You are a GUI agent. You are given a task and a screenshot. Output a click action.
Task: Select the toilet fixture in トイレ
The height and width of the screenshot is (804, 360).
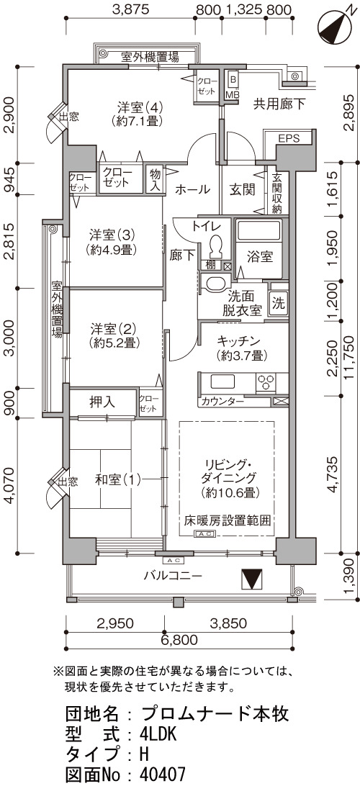click(x=217, y=246)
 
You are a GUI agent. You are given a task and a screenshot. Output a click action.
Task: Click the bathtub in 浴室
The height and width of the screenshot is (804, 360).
click(x=258, y=231)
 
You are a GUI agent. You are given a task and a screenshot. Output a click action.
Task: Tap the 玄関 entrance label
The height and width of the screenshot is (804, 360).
click(x=242, y=190)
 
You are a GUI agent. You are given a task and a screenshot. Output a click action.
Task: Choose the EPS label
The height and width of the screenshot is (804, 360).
click(x=289, y=138)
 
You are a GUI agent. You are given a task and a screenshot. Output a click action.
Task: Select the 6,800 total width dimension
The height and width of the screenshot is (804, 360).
click(x=179, y=639)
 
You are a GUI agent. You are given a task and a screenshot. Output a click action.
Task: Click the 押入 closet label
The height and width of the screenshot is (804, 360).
click(x=102, y=402)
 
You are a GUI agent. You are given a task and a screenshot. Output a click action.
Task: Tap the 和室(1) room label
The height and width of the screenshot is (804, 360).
click(x=117, y=480)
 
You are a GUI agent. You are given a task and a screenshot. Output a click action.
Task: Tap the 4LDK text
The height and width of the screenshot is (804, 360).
click(x=158, y=736)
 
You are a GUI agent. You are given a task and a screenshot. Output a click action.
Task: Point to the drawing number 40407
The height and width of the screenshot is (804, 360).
click(x=163, y=775)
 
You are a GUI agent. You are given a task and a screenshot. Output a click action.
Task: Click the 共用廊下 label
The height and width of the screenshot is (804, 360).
click(x=279, y=104)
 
